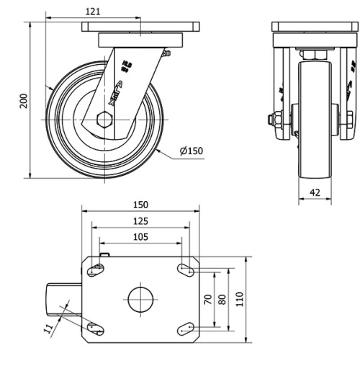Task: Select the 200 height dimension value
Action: click(x=24, y=100)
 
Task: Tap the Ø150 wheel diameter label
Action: click(x=192, y=151)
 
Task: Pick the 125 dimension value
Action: click(x=140, y=221)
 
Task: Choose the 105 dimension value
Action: click(x=140, y=237)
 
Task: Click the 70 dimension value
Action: click(x=208, y=299)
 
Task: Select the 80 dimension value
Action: click(x=222, y=299)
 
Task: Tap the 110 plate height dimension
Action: click(x=240, y=299)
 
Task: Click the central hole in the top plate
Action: click(x=141, y=299)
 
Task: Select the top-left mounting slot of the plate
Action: click(x=95, y=270)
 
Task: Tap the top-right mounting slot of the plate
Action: click(x=186, y=270)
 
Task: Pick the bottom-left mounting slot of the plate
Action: click(x=95, y=328)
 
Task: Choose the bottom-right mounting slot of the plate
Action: click(x=186, y=328)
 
